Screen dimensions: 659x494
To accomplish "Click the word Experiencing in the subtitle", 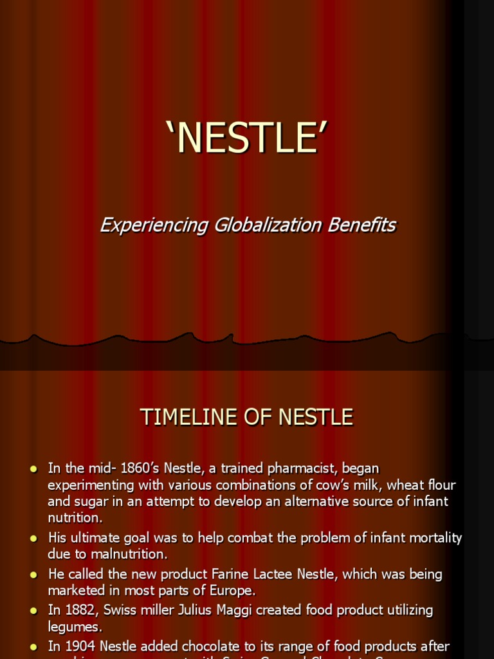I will coord(154,225).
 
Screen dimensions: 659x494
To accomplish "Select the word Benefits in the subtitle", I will coord(369,225).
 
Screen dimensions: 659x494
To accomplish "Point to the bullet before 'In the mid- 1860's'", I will coord(33,469).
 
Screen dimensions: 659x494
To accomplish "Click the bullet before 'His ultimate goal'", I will coord(33,538).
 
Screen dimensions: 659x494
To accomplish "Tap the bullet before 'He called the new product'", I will coord(33,574).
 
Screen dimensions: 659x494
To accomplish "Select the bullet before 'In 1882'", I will coord(33,610).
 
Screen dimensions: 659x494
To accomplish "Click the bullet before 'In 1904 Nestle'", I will coord(33,646).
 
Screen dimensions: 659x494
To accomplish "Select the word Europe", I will coord(237,589).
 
